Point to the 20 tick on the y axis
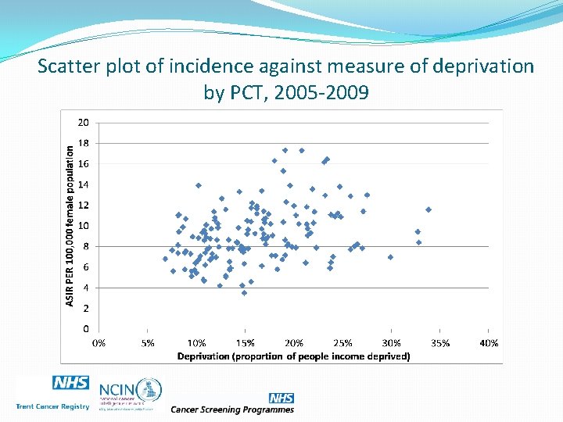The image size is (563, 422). [83, 123]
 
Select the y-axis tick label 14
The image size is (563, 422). [83, 184]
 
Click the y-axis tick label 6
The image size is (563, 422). [85, 266]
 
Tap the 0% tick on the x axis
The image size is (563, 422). [100, 342]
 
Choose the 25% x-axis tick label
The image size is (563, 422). [342, 342]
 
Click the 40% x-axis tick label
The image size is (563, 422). [489, 342]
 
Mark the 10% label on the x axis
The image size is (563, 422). [196, 342]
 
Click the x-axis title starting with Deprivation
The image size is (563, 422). [293, 356]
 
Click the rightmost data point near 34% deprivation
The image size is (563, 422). [429, 209]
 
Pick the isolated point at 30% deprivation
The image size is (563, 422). [390, 256]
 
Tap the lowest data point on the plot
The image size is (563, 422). [244, 293]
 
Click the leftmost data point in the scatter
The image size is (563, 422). [165, 259]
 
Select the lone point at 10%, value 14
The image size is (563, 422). [199, 185]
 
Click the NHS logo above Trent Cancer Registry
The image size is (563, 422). [70, 383]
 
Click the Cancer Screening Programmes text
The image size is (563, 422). [232, 409]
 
